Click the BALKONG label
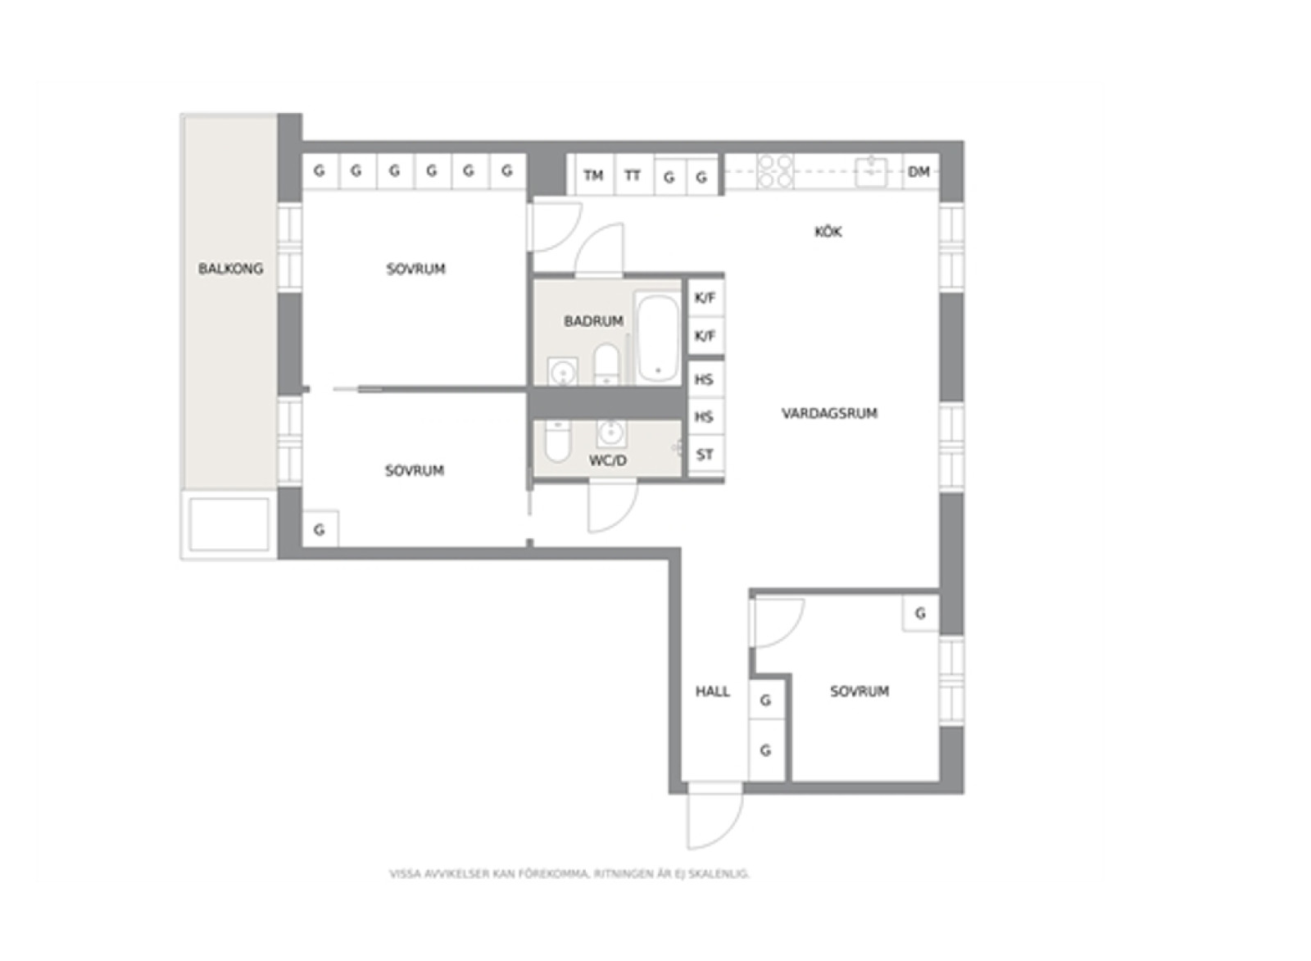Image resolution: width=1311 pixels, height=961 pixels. (x=230, y=269)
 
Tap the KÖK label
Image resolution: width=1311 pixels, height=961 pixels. (x=828, y=232)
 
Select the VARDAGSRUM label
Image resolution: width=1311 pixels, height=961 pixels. (x=829, y=413)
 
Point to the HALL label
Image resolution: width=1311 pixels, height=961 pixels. (x=712, y=691)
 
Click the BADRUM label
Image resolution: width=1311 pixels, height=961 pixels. (x=593, y=320)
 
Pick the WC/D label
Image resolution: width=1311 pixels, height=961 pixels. (x=607, y=460)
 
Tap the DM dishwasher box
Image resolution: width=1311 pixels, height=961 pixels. (x=920, y=171)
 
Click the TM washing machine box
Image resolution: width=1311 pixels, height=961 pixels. (x=594, y=175)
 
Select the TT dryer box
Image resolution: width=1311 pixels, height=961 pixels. (x=633, y=175)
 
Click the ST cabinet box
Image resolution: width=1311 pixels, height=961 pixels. (x=705, y=455)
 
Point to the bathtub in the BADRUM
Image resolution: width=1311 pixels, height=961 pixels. (x=658, y=337)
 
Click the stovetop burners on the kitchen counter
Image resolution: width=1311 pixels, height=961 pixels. (x=775, y=171)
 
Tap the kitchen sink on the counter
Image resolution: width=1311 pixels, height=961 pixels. (x=872, y=171)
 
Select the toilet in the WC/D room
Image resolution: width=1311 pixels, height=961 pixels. (x=557, y=441)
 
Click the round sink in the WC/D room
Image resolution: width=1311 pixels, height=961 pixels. (x=611, y=433)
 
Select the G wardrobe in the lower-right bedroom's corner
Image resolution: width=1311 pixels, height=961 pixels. (x=921, y=613)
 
